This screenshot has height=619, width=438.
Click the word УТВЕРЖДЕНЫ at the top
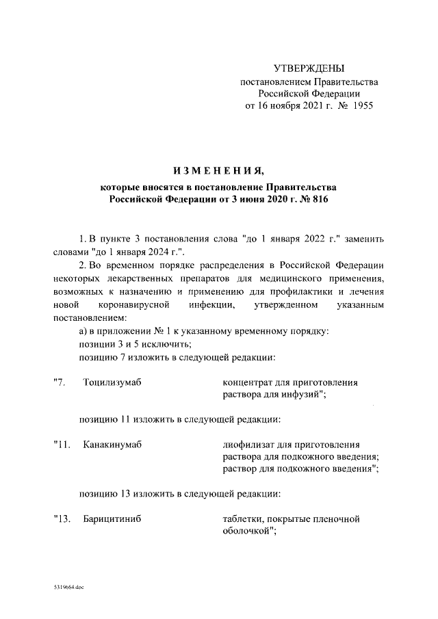tap(309, 68)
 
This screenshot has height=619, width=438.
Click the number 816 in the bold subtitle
tap(322, 199)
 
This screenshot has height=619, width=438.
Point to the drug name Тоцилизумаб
tap(112, 382)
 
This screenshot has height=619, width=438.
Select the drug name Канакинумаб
tap(112, 445)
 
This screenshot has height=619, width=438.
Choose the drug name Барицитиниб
tap(112, 520)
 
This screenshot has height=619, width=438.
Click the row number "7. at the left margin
tap(60, 382)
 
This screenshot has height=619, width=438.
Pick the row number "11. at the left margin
tap(62, 445)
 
